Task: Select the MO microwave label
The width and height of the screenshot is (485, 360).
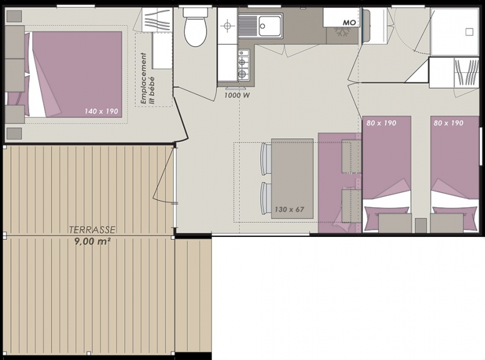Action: click(x=349, y=22)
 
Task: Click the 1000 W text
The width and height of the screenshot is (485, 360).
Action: click(x=237, y=95)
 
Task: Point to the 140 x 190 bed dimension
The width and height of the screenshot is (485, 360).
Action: click(x=101, y=111)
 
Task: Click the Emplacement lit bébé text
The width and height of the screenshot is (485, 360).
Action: click(x=147, y=79)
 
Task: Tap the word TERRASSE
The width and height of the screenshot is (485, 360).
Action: click(x=92, y=230)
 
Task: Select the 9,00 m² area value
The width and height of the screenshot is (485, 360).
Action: click(x=93, y=241)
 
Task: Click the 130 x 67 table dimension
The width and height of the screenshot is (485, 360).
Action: click(x=290, y=209)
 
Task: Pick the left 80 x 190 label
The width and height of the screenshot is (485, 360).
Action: click(x=381, y=123)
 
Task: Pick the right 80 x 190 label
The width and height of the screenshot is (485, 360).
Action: click(x=449, y=123)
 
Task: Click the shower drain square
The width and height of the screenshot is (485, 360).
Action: click(x=469, y=32)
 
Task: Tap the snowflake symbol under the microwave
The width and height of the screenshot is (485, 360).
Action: click(x=341, y=32)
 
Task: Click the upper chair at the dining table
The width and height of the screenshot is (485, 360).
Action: click(x=266, y=158)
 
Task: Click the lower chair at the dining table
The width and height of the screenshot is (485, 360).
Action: click(x=266, y=198)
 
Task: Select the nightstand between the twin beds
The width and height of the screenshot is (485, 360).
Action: click(x=421, y=225)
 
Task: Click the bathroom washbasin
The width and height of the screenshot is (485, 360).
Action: click(x=373, y=26)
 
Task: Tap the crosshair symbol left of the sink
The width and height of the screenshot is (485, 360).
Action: click(x=227, y=26)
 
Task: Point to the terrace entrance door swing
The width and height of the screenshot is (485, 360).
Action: click(x=164, y=175)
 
